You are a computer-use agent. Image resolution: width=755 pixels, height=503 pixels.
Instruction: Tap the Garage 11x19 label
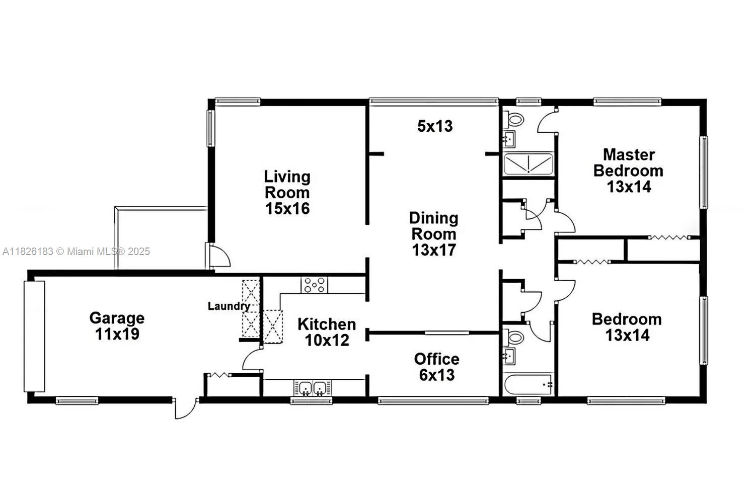117,326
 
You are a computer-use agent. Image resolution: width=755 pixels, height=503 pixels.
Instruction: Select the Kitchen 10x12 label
327,332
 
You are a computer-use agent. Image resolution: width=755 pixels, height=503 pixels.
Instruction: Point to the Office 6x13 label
436,367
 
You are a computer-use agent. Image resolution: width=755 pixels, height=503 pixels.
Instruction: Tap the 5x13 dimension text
435,126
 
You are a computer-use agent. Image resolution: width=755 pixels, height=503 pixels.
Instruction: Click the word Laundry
229,306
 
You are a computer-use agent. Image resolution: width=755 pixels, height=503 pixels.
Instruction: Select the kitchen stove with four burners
314,285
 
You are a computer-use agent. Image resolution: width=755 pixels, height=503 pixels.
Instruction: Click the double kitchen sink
313,388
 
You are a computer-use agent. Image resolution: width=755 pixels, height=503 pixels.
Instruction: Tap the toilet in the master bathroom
513,119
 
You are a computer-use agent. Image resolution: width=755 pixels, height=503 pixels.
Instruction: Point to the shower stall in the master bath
528,164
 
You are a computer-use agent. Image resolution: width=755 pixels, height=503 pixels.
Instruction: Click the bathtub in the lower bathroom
528,384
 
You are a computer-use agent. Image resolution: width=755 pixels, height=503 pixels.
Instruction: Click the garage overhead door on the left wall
34,337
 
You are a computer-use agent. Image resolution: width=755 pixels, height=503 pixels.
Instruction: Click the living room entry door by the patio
218,256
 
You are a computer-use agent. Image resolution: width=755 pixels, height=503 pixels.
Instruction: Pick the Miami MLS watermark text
76,251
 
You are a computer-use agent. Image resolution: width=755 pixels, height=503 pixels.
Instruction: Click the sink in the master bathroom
509,139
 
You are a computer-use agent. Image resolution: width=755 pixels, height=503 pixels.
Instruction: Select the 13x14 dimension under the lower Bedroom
627,335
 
